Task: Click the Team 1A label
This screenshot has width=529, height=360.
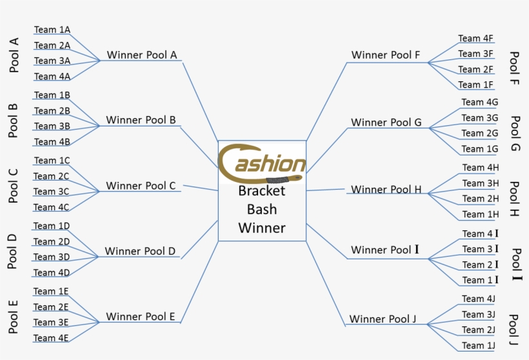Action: (x=52, y=30)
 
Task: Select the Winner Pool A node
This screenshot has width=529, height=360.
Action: (x=142, y=55)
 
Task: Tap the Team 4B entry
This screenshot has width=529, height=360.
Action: (x=52, y=141)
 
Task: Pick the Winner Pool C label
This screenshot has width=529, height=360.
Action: (x=141, y=186)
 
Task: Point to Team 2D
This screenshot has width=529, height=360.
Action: (x=52, y=241)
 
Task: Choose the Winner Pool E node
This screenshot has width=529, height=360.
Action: (x=140, y=316)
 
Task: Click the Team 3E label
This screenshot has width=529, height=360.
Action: (x=51, y=322)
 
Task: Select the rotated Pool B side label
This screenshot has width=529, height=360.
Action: (x=13, y=121)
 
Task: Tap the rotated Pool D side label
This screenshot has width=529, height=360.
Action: (x=12, y=252)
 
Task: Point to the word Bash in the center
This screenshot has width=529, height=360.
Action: (x=262, y=209)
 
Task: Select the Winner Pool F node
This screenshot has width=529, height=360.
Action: (x=386, y=55)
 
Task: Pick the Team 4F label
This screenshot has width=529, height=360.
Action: (x=475, y=38)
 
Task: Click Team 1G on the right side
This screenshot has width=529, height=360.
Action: (x=479, y=148)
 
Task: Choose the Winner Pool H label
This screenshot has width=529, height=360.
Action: (x=386, y=190)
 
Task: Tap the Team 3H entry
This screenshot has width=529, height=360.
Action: (x=481, y=183)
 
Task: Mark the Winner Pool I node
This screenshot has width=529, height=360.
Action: (x=385, y=250)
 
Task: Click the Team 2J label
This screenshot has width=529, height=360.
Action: (x=478, y=330)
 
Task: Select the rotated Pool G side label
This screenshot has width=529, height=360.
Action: (x=515, y=134)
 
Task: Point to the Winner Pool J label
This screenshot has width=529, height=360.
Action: (x=383, y=319)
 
